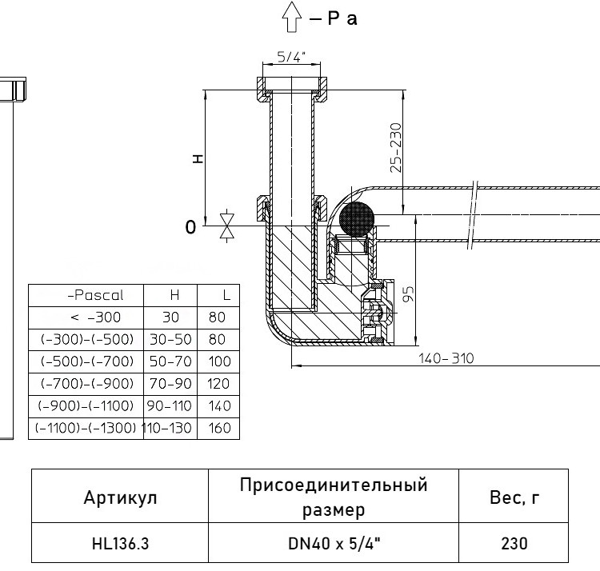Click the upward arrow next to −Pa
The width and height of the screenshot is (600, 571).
(x=291, y=17)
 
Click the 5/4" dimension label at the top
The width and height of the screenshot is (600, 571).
(x=291, y=57)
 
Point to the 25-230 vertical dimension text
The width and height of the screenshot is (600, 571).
(x=397, y=148)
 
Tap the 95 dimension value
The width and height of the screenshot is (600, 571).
(x=409, y=294)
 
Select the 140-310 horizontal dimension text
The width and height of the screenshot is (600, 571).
(x=446, y=358)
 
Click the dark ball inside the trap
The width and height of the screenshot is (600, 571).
(x=357, y=220)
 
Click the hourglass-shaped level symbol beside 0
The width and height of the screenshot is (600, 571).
(x=227, y=226)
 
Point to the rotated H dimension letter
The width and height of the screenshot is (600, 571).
(x=198, y=158)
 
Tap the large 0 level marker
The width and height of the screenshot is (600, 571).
(x=190, y=227)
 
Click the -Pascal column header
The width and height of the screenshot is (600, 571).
(x=95, y=295)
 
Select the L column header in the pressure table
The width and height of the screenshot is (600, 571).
(x=226, y=295)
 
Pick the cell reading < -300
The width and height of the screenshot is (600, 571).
(x=96, y=317)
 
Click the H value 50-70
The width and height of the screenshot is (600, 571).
(x=170, y=361)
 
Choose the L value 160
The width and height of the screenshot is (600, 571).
(x=220, y=428)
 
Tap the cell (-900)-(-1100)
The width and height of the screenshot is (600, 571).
(x=86, y=405)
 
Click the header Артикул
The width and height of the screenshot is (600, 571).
(x=120, y=497)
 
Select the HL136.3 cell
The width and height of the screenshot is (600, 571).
(x=120, y=543)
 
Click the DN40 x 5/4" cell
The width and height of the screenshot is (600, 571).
(x=334, y=543)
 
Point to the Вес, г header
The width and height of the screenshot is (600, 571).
(x=514, y=497)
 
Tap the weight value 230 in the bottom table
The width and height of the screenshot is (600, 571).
(x=514, y=543)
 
